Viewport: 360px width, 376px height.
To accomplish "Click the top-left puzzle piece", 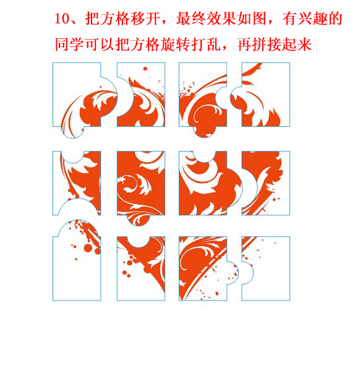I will point(77,96).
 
